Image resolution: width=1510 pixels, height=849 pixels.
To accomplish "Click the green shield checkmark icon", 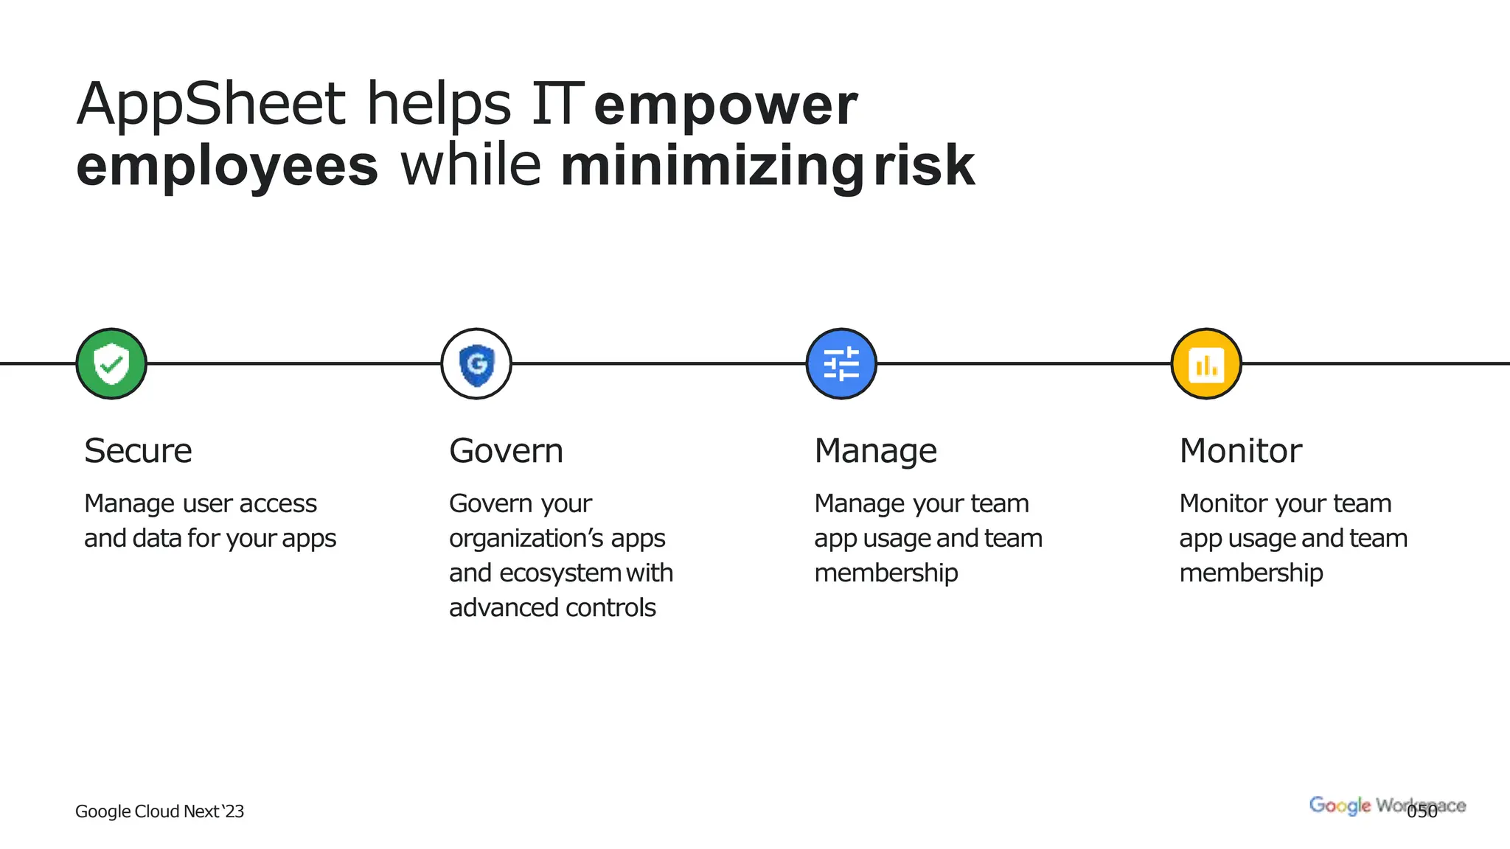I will point(111,364).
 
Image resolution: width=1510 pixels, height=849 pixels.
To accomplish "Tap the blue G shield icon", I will point(476,364).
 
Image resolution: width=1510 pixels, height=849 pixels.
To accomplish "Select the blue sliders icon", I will point(841,364).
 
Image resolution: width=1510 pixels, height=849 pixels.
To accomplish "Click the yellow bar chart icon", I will point(1206,364).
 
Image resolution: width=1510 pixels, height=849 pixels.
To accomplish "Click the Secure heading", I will point(138,450).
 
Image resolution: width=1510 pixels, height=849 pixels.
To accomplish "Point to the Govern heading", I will point(506,450).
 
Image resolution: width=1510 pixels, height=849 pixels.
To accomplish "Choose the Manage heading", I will point(875,450).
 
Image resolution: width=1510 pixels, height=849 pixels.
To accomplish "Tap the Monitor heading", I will point(1240,450).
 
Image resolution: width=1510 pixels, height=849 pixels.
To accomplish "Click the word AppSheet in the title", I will point(211,104).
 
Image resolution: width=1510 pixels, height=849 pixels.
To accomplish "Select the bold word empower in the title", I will point(726,105).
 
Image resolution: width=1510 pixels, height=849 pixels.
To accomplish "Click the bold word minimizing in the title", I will point(711,167).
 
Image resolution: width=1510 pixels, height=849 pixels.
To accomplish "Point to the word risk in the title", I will point(924,165).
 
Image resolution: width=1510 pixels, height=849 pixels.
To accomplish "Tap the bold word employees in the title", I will point(227,167).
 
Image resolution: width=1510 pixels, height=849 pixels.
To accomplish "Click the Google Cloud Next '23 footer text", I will point(159,811).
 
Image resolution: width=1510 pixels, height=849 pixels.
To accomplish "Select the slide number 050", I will point(1422,811).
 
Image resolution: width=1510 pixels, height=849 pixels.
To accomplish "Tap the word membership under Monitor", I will point(1250,573).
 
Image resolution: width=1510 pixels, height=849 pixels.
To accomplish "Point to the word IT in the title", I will point(557,104).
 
